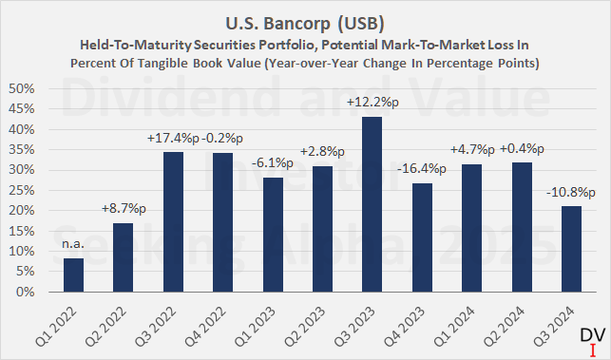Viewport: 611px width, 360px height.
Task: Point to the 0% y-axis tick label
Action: click(26, 292)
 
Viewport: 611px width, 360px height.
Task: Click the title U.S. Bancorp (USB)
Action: click(304, 19)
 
